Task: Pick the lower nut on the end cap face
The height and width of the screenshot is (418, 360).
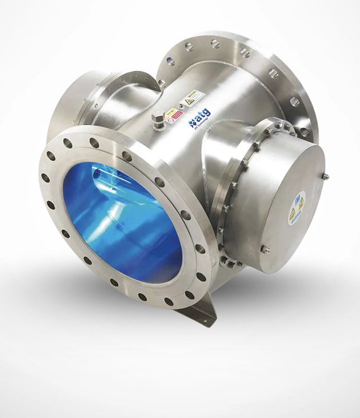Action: coord(265,249)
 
